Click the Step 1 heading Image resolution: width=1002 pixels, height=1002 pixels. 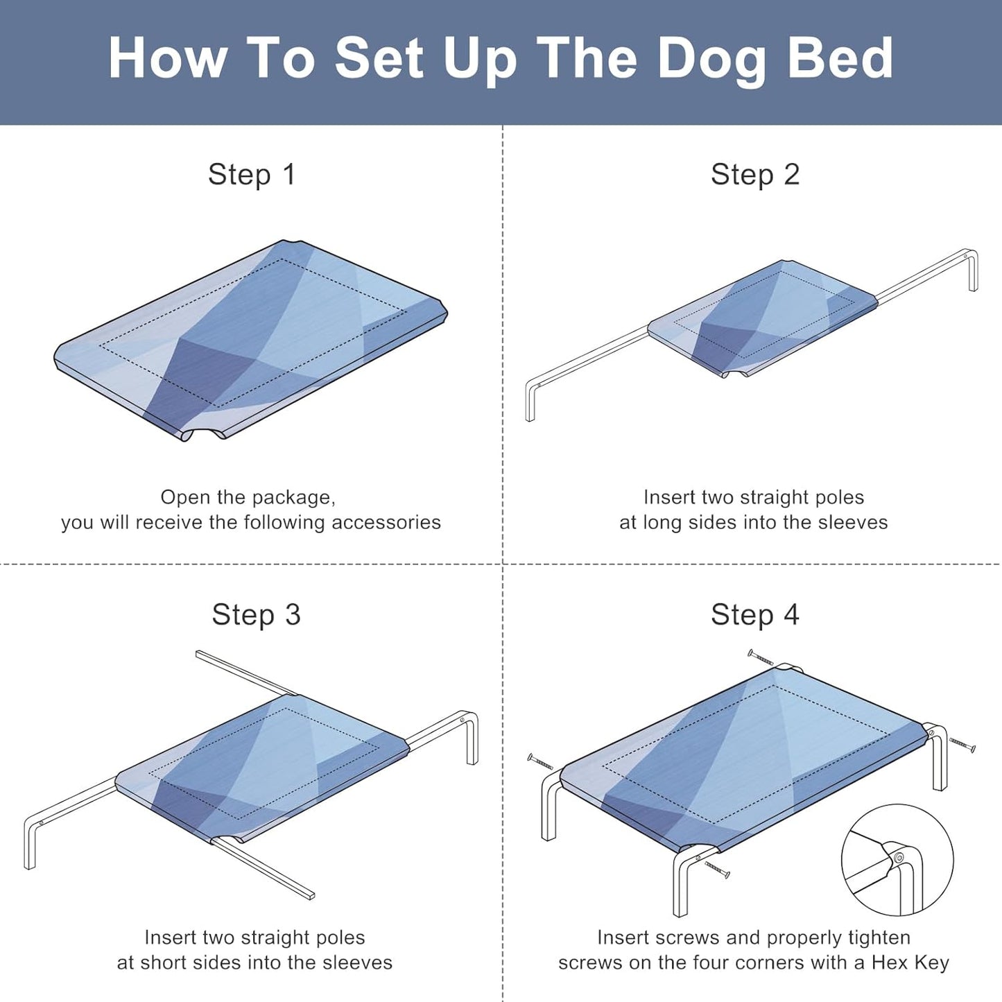click(x=252, y=174)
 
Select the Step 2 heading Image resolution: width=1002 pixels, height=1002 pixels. click(x=754, y=174)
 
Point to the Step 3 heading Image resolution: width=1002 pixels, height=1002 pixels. click(x=256, y=614)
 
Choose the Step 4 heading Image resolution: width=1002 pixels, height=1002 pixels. click(x=754, y=614)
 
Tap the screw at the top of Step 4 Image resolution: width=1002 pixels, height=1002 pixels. click(x=761, y=657)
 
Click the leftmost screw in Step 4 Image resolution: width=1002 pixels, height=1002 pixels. click(x=541, y=762)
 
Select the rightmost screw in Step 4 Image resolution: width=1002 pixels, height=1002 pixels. click(x=962, y=745)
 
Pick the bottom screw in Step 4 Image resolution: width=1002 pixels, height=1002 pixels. click(x=717, y=869)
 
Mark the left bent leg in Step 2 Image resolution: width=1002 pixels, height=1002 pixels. click(x=530, y=399)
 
